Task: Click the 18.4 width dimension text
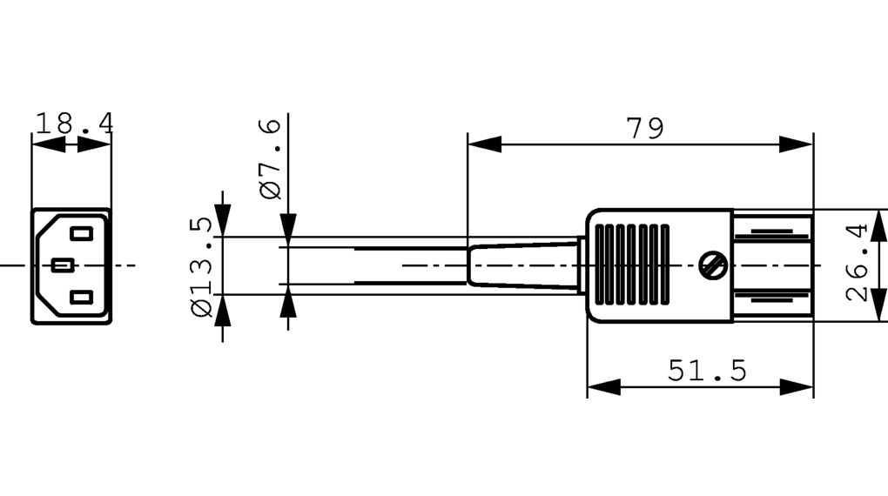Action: click(x=73, y=124)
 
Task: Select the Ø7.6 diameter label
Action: click(x=271, y=158)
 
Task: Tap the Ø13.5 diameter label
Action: click(x=200, y=267)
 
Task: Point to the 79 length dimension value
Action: click(x=644, y=129)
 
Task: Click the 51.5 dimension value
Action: click(x=707, y=372)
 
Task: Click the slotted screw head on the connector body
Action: click(x=714, y=265)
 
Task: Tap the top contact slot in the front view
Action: click(x=81, y=233)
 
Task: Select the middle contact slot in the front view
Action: click(x=62, y=265)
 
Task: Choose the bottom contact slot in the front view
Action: click(x=81, y=298)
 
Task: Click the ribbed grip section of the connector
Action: click(x=630, y=265)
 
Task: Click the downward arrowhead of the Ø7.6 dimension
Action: click(x=288, y=225)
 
